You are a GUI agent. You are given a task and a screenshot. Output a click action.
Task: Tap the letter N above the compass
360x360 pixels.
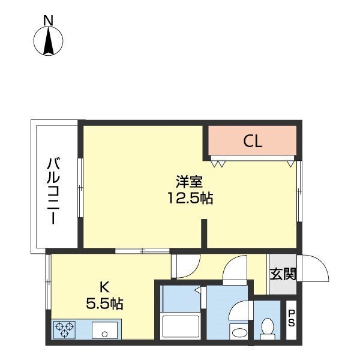coord(48,19)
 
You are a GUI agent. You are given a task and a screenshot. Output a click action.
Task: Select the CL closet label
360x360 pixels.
coord(253,142)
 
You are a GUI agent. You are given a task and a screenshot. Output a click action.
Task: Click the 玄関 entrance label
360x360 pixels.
coord(281,274)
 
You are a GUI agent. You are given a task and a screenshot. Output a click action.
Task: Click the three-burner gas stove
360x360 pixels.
coord(64,329)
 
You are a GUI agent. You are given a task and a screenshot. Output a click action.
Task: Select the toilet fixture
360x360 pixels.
coord(268,327)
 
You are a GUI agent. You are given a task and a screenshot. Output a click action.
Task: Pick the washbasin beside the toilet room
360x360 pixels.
coord(239,331)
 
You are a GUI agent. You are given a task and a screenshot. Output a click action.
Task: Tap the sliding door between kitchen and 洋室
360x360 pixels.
coord(139,250)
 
